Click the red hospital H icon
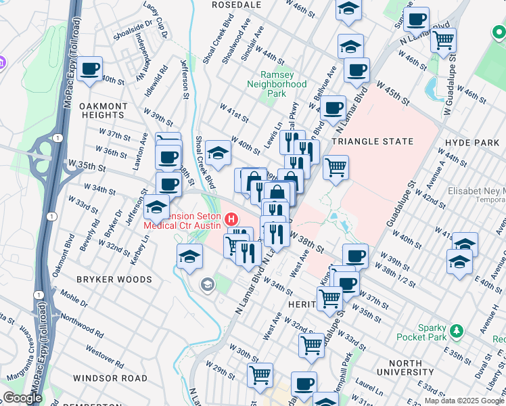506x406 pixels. click(232, 219)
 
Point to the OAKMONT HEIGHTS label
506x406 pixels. click(103, 111)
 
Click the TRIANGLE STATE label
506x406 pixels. click(372, 141)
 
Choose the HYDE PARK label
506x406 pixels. click(471, 143)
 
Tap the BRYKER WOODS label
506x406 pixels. click(114, 279)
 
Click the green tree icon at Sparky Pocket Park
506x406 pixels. click(457, 331)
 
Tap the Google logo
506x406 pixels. click(22, 398)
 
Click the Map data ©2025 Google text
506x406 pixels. click(464, 401)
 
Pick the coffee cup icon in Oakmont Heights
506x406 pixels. click(89, 69)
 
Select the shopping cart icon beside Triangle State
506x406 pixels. click(336, 166)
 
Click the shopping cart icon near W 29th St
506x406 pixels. click(260, 374)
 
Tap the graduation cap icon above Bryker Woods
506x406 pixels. click(190, 256)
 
